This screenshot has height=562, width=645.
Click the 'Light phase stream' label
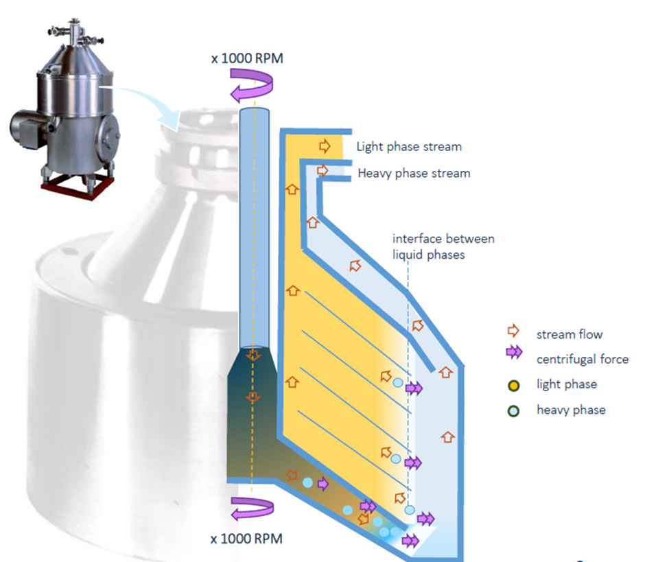tap(409, 147)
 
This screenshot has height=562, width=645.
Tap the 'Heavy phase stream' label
tap(414, 173)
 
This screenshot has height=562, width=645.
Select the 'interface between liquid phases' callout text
tap(443, 247)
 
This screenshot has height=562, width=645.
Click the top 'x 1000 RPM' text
tap(247, 58)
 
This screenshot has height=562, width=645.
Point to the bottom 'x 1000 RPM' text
tap(246, 539)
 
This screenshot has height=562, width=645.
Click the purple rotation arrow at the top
tap(251, 85)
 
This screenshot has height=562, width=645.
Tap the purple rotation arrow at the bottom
tap(252, 509)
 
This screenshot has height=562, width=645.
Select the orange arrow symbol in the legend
tap(513, 331)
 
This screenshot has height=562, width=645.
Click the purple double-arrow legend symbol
tap(514, 352)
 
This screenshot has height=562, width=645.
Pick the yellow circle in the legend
tap(514, 386)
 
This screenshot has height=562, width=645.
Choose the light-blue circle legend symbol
tap(513, 411)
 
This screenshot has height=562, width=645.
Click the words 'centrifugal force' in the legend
tap(583, 359)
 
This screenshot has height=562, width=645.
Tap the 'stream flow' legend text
tap(570, 334)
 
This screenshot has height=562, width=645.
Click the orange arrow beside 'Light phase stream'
tap(325, 146)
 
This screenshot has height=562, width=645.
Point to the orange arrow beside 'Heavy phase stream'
tap(322, 170)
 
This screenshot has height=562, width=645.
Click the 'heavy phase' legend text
tap(571, 410)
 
